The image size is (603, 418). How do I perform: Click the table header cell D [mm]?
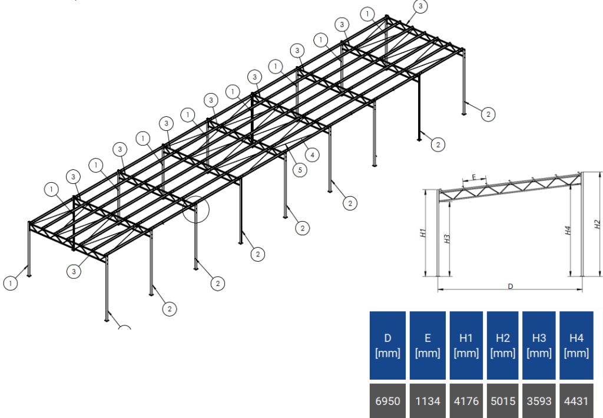[387, 345]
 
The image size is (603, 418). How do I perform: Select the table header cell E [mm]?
[428, 345]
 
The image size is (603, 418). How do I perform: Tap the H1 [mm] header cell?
[466, 345]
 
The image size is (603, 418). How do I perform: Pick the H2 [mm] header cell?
[502, 345]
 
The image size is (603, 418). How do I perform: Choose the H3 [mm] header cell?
[539, 345]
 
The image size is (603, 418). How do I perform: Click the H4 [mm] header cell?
[577, 345]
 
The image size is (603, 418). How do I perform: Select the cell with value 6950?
[387, 401]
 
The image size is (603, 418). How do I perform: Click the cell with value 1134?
[428, 401]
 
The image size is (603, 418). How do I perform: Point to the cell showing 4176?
[466, 401]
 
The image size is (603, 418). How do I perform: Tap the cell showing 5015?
[502, 401]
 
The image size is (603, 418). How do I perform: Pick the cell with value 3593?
[539, 401]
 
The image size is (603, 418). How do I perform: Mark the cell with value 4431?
[577, 401]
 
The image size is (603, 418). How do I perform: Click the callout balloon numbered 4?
[312, 155]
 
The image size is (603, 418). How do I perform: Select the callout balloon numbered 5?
[299, 170]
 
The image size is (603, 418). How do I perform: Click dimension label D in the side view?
[510, 286]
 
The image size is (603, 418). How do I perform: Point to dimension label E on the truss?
[474, 176]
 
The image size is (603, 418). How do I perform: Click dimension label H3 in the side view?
[447, 238]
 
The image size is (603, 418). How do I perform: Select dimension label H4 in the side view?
[568, 231]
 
